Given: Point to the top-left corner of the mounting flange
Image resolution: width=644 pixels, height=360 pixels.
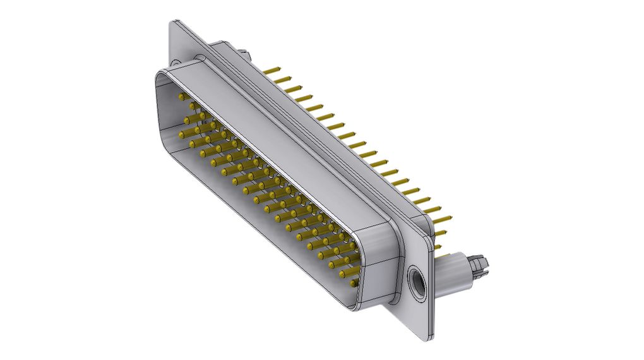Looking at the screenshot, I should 172,23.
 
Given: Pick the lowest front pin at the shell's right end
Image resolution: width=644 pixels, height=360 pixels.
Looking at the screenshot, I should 346,273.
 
